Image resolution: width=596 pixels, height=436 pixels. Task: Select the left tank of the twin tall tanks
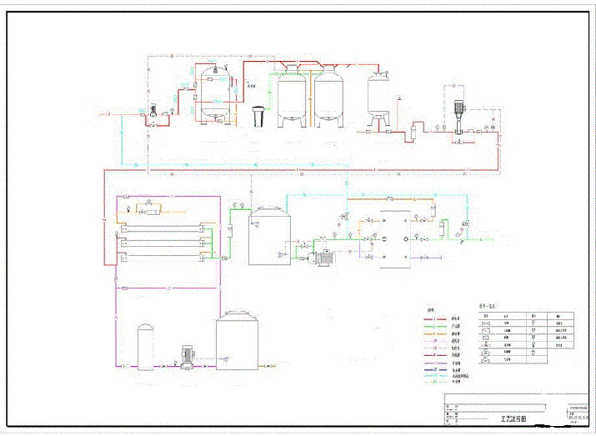pos(292,98)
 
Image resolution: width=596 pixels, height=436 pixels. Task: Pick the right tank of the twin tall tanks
pos(329,98)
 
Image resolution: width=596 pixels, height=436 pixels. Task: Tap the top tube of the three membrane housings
pos(163,226)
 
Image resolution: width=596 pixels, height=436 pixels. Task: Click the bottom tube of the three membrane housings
pos(163,257)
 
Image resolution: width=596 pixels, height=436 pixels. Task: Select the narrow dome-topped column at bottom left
pos(146,347)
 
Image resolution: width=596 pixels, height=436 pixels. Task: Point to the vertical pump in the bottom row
pos(187,356)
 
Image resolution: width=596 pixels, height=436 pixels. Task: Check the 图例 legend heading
pos(431,305)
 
